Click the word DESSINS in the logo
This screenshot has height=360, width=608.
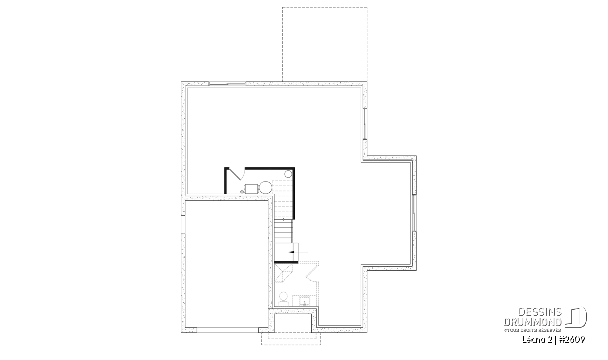tap(540, 312)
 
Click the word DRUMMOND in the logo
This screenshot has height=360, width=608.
tap(533, 322)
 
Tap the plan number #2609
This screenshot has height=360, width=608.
tap(572, 340)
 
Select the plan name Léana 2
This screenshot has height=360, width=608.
tap(538, 340)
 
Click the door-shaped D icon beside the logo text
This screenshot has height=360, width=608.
tap(576, 317)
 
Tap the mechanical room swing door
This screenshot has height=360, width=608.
tap(236, 174)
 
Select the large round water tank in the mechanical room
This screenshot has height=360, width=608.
tap(265, 187)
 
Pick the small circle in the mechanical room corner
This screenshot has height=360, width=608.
tap(288, 174)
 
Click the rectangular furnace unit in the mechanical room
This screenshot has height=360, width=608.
tap(251, 189)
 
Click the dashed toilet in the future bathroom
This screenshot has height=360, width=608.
tap(283, 299)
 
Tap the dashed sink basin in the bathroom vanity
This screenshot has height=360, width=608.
tap(305, 301)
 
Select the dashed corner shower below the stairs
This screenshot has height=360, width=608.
tap(284, 274)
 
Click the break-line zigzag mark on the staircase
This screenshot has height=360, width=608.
tap(283, 219)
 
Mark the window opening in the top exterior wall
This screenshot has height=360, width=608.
tap(227, 84)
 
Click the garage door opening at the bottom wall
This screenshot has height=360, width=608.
tap(227, 330)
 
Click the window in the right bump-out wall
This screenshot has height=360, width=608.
tap(414, 213)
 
